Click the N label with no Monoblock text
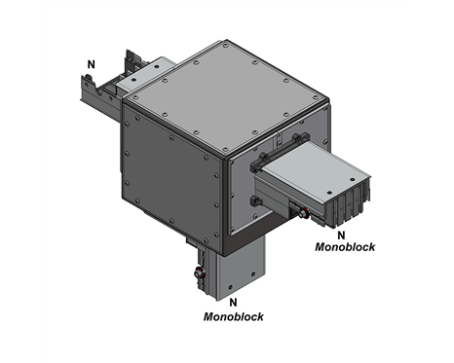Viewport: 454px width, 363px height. point(92,64)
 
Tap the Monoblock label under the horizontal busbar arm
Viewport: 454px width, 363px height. point(345,247)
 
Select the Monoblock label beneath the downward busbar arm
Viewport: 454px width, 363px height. point(234,316)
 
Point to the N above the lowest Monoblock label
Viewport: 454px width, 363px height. point(233,303)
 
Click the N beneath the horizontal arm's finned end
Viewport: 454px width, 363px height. point(341,235)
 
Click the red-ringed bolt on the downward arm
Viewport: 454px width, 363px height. point(199,273)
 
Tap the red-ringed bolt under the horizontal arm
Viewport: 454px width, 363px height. point(304,213)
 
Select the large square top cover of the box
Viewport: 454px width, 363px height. point(226,97)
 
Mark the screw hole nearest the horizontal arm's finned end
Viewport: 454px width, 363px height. point(353,179)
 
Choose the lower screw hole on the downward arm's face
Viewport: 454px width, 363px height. point(231,287)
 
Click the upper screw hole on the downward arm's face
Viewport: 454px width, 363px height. point(253,273)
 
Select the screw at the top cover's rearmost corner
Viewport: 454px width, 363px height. point(225,47)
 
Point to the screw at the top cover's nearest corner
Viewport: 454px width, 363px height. point(225,150)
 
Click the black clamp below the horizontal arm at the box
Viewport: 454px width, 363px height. point(256,201)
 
